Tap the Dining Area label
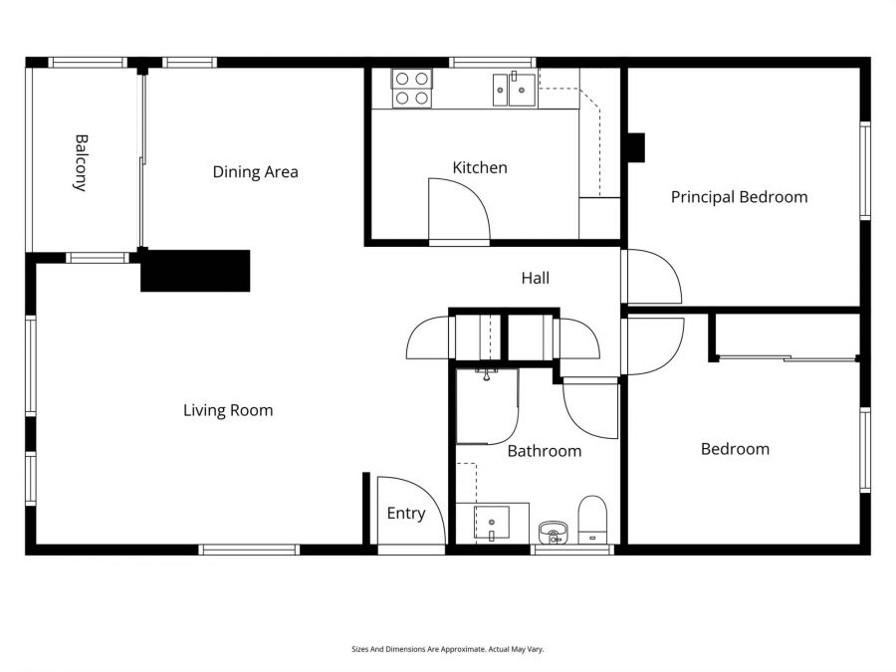click(x=255, y=172)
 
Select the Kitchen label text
click(x=480, y=167)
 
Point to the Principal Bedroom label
click(x=739, y=197)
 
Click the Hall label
click(x=535, y=279)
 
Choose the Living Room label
click(x=228, y=410)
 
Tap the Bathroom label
click(x=544, y=451)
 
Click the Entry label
click(x=405, y=514)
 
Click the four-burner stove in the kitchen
click(x=411, y=88)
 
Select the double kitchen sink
click(x=514, y=90)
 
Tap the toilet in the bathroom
click(x=592, y=519)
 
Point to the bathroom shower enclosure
click(x=486, y=405)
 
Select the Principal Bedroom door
click(x=651, y=277)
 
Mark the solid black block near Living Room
click(x=195, y=271)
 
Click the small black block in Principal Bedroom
click(x=635, y=147)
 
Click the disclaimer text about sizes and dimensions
click(x=447, y=649)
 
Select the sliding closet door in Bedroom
click(x=786, y=357)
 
